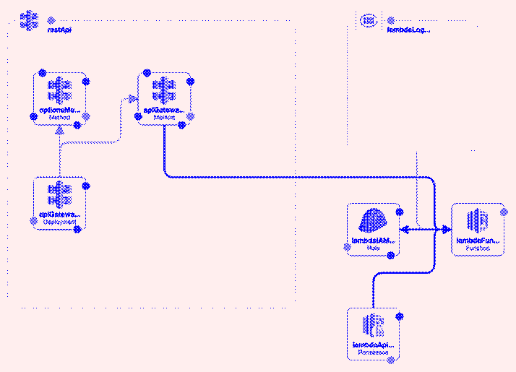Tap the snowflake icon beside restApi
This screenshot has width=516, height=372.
click(29, 21)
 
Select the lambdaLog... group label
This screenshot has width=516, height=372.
click(409, 30)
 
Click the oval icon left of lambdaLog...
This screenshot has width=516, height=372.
click(369, 20)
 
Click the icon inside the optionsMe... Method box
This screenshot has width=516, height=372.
click(60, 91)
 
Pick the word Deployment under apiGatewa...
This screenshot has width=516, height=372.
click(60, 222)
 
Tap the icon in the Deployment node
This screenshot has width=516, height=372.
click(60, 196)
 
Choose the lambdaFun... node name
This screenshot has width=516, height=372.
click(478, 239)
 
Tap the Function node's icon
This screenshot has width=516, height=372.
click(478, 220)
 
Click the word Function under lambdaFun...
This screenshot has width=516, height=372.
click(478, 248)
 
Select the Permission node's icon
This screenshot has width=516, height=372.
click(373, 326)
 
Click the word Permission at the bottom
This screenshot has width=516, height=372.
click(373, 353)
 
